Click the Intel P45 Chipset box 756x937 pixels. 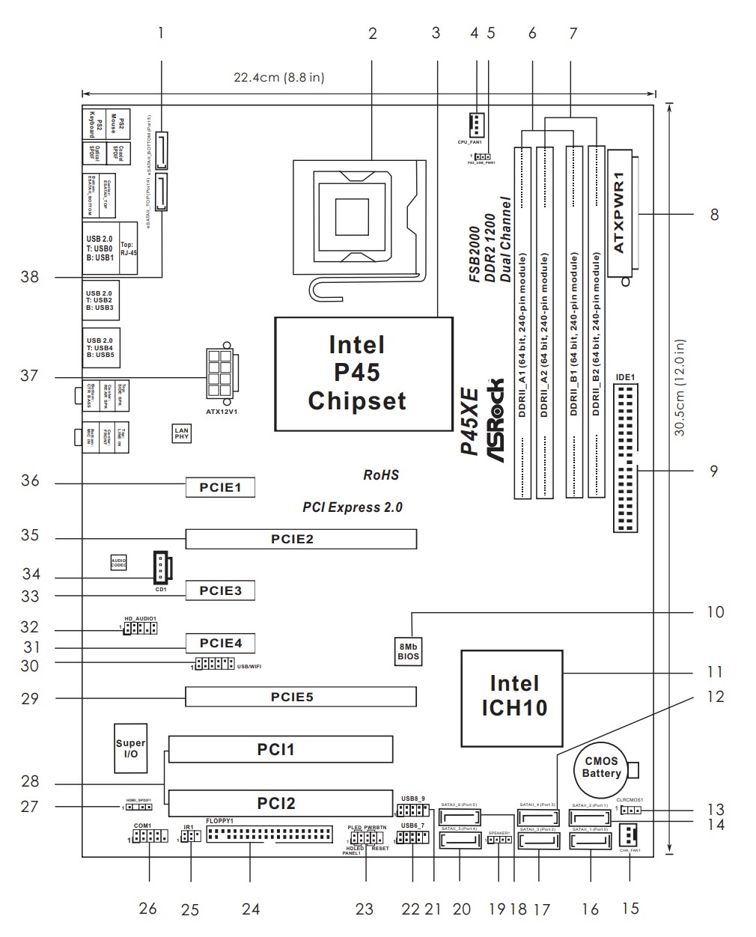coord(364,372)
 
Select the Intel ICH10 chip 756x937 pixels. coord(513,696)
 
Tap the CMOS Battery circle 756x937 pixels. coord(601,767)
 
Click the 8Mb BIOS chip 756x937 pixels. coord(408,651)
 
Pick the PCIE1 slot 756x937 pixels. coord(220,488)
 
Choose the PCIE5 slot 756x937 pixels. coord(301,697)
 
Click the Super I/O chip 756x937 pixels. coord(130,749)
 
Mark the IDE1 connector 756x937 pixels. coord(626,458)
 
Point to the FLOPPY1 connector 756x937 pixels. coord(269,834)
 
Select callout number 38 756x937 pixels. coord(30,277)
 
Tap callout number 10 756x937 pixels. coord(716,612)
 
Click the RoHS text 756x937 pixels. coord(380,474)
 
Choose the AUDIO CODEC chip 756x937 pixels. coord(118,562)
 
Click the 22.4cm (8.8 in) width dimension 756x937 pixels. coord(278,77)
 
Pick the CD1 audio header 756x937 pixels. coord(160,567)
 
